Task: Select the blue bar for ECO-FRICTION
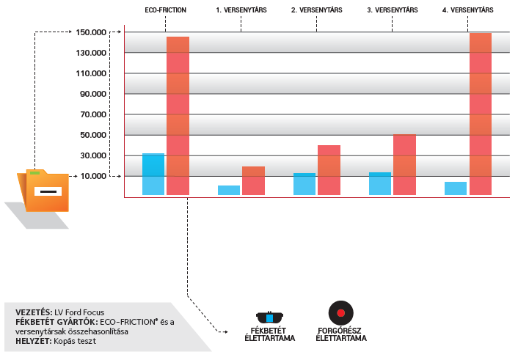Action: tap(153, 174)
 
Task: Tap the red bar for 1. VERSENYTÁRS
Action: tap(253, 180)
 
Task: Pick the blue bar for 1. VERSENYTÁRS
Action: tap(229, 190)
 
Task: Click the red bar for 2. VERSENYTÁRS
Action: tap(329, 170)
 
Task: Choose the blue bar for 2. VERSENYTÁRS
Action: tap(304, 184)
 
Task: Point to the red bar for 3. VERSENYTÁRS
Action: tap(404, 164)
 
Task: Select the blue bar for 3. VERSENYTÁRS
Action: tap(380, 183)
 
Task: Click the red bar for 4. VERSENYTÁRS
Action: tap(480, 114)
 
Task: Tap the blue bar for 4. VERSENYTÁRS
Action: tap(456, 188)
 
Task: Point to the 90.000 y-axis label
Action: tap(94, 94)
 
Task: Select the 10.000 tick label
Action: tap(94, 176)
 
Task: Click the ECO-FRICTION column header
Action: tap(165, 10)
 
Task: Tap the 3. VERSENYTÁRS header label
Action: tap(392, 10)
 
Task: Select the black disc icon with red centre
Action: tap(340, 313)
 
